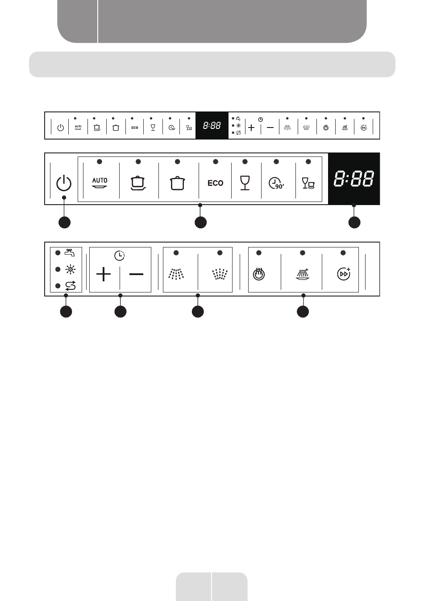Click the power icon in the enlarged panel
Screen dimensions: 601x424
pos(64,183)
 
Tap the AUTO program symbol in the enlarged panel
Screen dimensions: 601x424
pos(100,183)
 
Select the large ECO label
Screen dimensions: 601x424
pos(216,183)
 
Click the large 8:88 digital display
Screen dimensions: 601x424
pos(354,179)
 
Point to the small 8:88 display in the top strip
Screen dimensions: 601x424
pos(212,126)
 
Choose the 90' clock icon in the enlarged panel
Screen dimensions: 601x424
pos(276,183)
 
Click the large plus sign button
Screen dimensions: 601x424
pos(104,274)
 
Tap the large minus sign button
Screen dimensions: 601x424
pos(136,274)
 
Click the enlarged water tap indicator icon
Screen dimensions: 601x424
pos(70,253)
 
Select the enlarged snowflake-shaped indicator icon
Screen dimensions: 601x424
pos(70,269)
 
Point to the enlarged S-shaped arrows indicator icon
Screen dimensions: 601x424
pos(70,285)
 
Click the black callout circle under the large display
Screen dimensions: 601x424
pos(354,222)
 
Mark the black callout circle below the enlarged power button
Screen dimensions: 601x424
pos(64,222)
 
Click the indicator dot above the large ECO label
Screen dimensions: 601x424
pos(216,161)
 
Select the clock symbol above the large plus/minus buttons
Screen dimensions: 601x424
pos(120,255)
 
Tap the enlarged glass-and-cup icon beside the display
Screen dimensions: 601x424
pos(308,183)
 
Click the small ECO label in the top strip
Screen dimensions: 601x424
pos(135,128)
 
